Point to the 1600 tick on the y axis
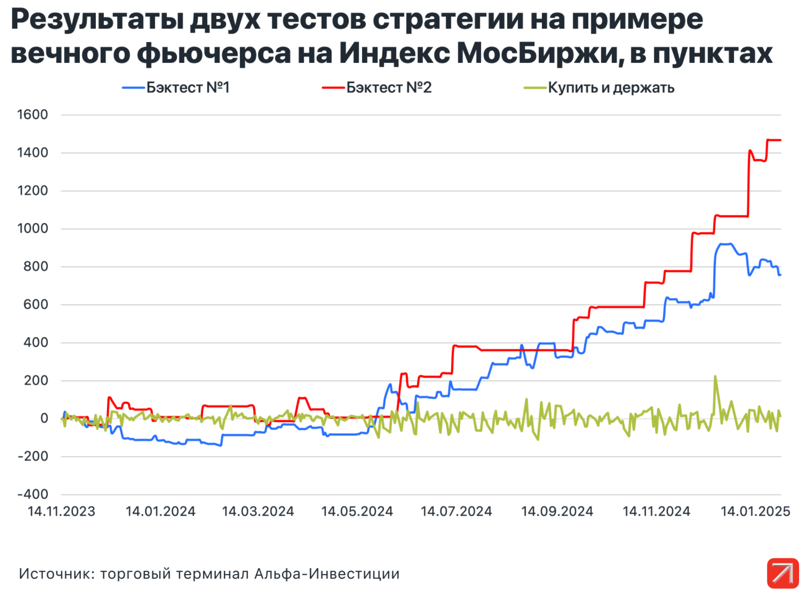[33, 115]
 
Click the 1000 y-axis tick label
[33, 229]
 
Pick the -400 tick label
[33, 494]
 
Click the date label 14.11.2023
[62, 511]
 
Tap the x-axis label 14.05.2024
[357, 511]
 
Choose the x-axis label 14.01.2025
[755, 511]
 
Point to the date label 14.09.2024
[557, 511]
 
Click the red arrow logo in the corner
[783, 573]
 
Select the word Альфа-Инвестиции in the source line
[327, 574]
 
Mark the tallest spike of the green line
[715, 377]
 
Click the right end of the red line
[780, 140]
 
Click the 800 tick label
[36, 267]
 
